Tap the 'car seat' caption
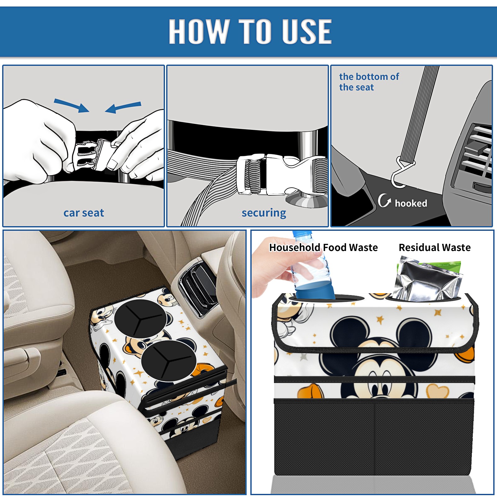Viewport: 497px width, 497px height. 84,213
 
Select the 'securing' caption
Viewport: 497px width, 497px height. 264,213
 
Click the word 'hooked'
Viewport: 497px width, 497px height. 411,203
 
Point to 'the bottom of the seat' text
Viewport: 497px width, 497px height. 369,82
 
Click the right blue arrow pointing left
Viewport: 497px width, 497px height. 123,107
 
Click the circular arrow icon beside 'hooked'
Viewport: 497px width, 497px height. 384,200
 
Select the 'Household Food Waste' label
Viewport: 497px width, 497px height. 323,248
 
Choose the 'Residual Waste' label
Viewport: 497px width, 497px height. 435,248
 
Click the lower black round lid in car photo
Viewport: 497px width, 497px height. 169,361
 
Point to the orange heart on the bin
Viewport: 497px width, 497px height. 437,391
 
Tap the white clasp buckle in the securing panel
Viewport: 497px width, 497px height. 281,174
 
